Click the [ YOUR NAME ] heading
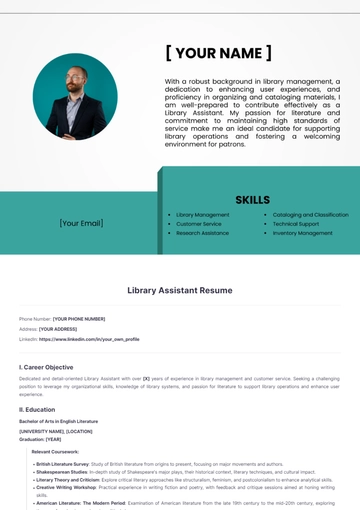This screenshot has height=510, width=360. (x=218, y=53)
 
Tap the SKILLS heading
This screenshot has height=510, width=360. (x=252, y=199)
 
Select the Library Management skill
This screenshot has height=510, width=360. (x=202, y=215)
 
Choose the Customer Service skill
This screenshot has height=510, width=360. (x=199, y=224)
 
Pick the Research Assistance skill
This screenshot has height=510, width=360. (x=202, y=233)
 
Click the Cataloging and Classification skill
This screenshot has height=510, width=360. (x=310, y=215)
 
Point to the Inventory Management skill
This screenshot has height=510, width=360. (x=302, y=233)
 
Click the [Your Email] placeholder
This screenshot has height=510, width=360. (x=81, y=223)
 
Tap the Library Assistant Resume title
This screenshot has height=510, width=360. (x=180, y=290)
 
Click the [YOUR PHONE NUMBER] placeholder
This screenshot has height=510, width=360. (x=79, y=319)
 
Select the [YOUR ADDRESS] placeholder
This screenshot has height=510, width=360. (x=58, y=329)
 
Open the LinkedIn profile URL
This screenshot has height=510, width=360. (x=89, y=339)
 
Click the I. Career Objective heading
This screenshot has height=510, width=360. (x=46, y=367)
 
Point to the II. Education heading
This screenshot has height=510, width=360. (x=37, y=409)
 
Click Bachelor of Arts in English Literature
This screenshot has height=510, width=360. (x=58, y=421)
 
